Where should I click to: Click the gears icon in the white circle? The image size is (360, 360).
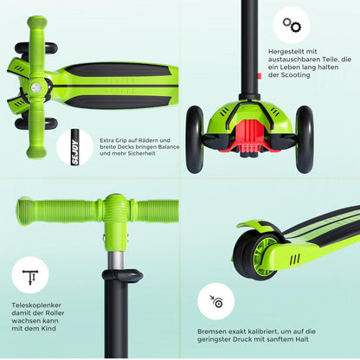click(292, 25)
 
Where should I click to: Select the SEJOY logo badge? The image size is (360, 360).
click(74, 147)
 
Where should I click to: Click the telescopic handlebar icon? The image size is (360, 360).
click(30, 277)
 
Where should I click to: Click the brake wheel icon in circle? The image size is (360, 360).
click(216, 301)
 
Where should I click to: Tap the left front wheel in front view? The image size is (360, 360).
click(195, 139)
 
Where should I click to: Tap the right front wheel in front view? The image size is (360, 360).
click(305, 139)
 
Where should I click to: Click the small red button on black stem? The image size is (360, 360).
click(260, 76)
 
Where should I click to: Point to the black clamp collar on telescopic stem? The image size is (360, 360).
click(123, 276)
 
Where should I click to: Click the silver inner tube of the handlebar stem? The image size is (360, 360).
click(116, 260)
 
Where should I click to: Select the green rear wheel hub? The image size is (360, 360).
click(263, 257)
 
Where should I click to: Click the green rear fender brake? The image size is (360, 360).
click(258, 227)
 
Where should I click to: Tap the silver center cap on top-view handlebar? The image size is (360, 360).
click(36, 87)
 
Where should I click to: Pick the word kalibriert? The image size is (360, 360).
click(261, 331)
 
